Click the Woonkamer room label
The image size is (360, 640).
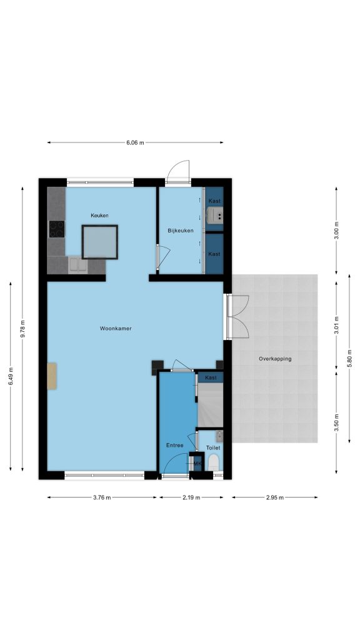(116, 328)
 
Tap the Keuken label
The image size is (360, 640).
(99, 216)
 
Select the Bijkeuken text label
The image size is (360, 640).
(181, 231)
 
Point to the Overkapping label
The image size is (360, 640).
(275, 359)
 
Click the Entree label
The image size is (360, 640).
(175, 445)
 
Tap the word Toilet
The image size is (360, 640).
(213, 447)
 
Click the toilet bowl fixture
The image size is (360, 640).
(214, 462)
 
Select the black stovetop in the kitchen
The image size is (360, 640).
(57, 229)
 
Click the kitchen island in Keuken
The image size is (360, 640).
(99, 242)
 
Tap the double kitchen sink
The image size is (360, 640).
(77, 264)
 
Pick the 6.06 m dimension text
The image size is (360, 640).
(135, 142)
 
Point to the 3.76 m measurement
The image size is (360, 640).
(102, 497)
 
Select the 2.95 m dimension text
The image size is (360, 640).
(275, 497)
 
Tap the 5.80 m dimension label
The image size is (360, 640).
(349, 358)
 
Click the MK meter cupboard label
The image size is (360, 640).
(197, 464)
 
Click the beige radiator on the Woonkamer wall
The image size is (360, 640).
(52, 376)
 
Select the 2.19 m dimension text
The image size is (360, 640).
(191, 497)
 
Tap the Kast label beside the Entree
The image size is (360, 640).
(211, 377)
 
